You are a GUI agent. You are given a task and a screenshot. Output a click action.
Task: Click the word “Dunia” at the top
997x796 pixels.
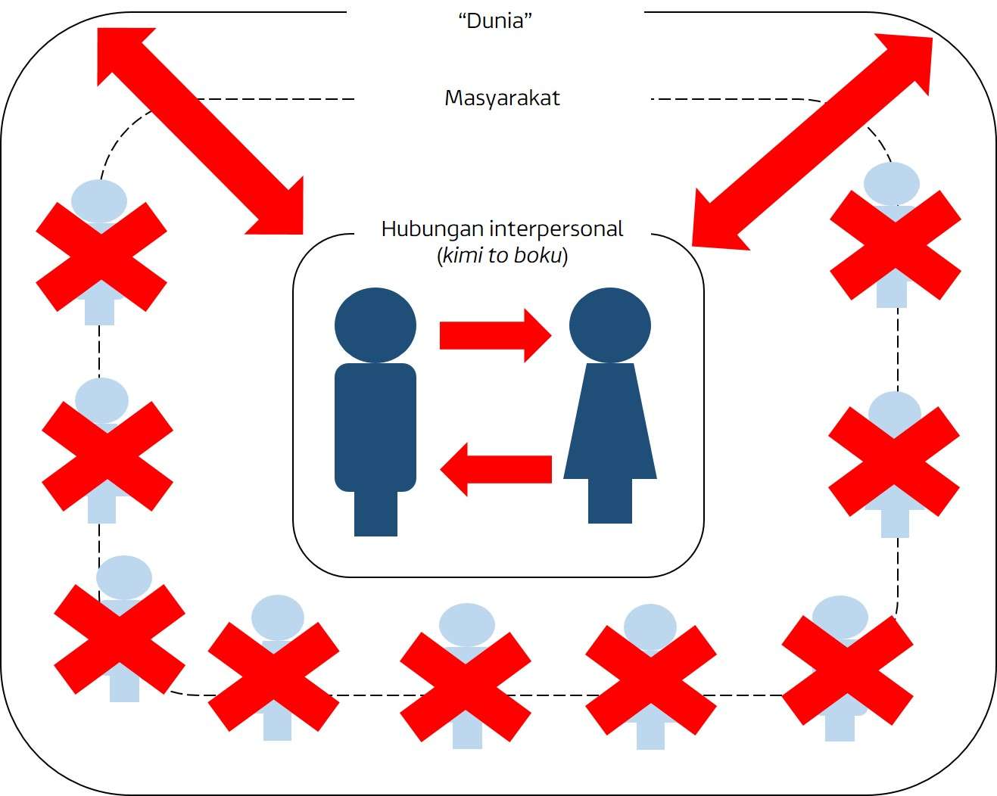click(495, 20)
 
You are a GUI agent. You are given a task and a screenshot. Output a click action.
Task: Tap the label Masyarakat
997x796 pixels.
click(502, 98)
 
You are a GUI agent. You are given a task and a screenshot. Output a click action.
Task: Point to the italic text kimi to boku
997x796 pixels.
click(503, 256)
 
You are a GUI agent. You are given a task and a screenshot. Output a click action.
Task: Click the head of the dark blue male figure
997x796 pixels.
click(375, 326)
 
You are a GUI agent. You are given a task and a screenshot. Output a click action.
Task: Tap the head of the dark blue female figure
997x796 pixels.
click(609, 326)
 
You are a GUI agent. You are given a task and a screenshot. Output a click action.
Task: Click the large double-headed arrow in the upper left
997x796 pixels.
click(201, 130)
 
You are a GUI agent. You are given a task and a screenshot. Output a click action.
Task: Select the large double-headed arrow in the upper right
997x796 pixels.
click(812, 141)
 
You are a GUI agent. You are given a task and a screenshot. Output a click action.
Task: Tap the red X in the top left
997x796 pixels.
click(101, 257)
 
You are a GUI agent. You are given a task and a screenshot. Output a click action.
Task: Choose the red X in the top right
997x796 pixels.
click(896, 244)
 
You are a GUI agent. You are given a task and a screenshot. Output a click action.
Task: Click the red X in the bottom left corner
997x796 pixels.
click(120, 639)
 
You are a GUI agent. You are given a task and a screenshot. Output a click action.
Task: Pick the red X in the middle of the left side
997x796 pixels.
click(107, 456)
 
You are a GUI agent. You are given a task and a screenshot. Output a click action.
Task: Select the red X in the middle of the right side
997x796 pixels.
click(894, 461)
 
